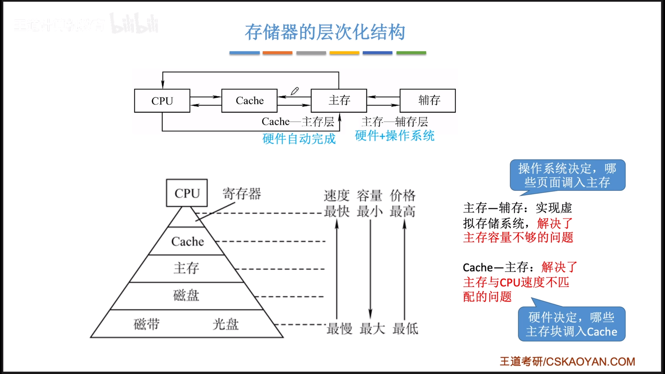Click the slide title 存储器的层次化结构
pos(325,32)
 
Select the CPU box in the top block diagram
pos(162,101)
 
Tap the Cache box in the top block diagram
pos(249,101)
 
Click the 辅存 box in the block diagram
pos(428,101)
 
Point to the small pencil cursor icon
pos(295,91)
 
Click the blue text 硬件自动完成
pos(299,139)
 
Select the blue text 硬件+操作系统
pos(394,136)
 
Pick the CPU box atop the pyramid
pos(187,193)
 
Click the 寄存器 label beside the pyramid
pos(242,194)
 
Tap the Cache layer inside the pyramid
pos(188,242)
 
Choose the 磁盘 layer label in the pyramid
pos(186,296)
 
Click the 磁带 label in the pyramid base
pos(147,324)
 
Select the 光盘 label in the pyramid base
pos(225,324)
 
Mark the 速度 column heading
pos(337,196)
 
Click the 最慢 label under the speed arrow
pos(339,329)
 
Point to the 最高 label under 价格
pos(403,211)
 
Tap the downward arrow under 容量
pos(370,268)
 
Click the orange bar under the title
pos(277,53)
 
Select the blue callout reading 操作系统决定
pos(567,175)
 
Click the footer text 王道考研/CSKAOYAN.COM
pos(567,362)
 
